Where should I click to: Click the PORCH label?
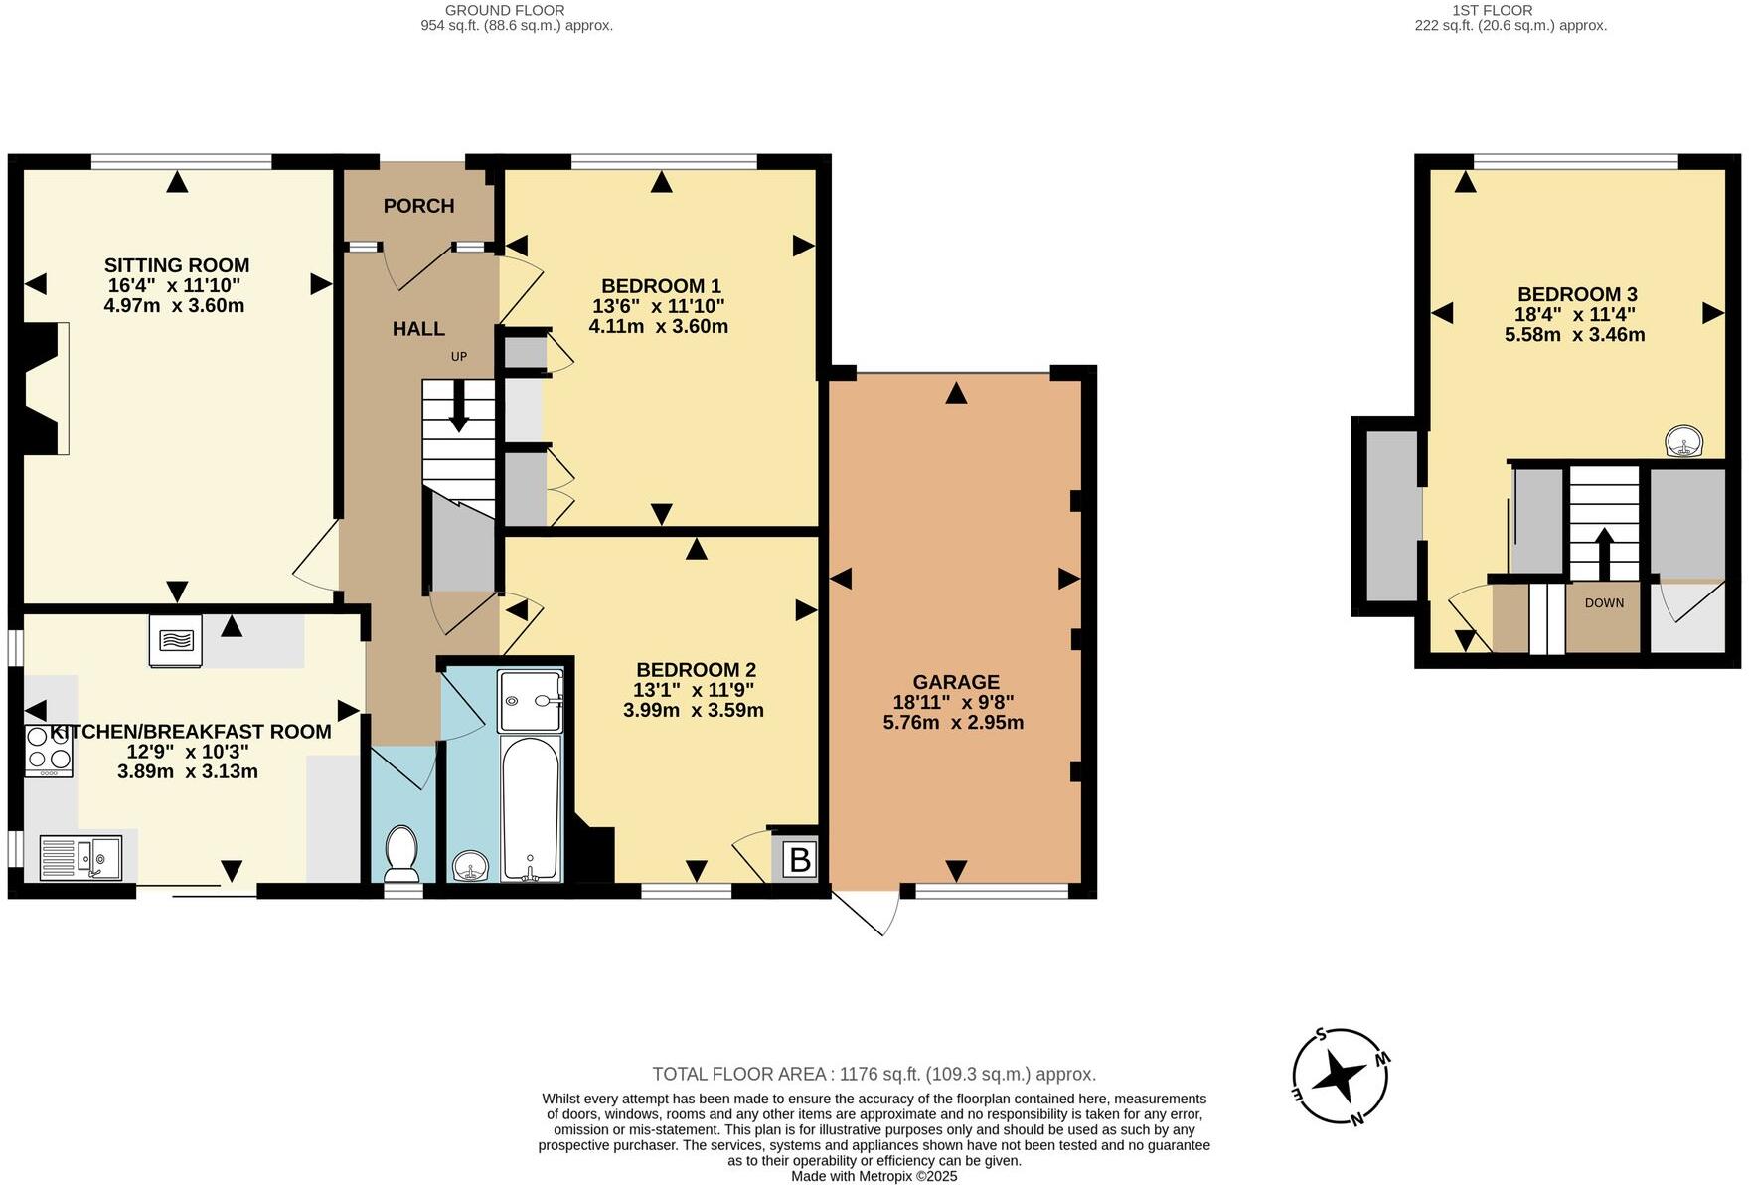(x=418, y=206)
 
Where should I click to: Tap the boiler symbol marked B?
(x=800, y=859)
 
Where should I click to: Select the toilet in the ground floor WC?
(x=401, y=854)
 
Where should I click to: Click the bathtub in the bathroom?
(x=531, y=807)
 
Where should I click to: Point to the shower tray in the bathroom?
(x=531, y=701)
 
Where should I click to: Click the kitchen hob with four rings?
(x=49, y=751)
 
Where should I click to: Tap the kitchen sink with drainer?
(x=80, y=858)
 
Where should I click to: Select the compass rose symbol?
(x=1341, y=1078)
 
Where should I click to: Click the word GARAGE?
(x=955, y=682)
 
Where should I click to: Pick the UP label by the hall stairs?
(x=458, y=357)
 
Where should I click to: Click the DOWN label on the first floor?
(x=1604, y=603)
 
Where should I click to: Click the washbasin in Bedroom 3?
(x=1683, y=441)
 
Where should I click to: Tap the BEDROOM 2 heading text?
(x=696, y=670)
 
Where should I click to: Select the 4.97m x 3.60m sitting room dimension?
(x=174, y=306)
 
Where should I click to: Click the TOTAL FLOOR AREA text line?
(x=874, y=1074)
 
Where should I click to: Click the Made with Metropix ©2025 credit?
(x=874, y=1176)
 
